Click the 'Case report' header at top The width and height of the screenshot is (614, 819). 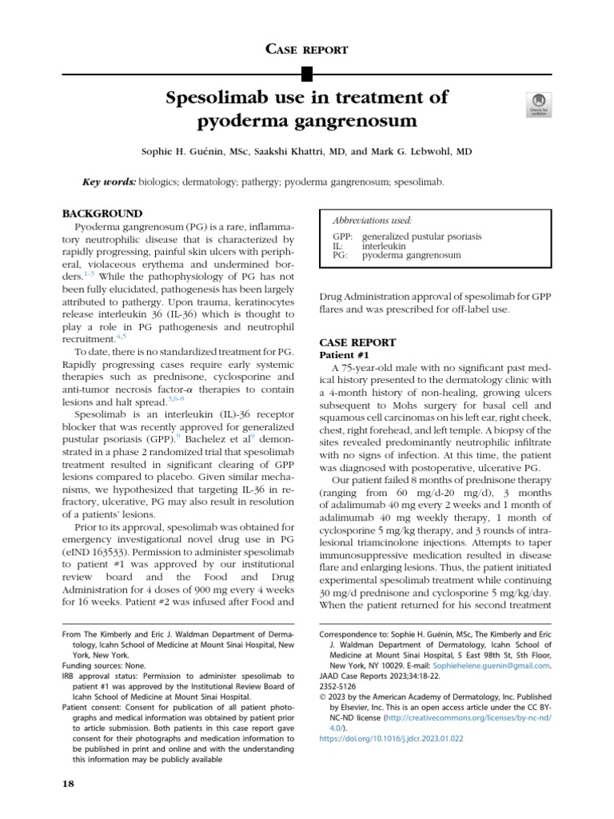pos(306,49)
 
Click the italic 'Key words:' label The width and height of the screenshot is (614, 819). pos(109,182)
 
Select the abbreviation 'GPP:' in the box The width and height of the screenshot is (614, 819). pos(343,238)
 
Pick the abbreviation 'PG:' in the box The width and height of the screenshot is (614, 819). pos(340,255)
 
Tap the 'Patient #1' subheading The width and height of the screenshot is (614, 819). pos(345,354)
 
